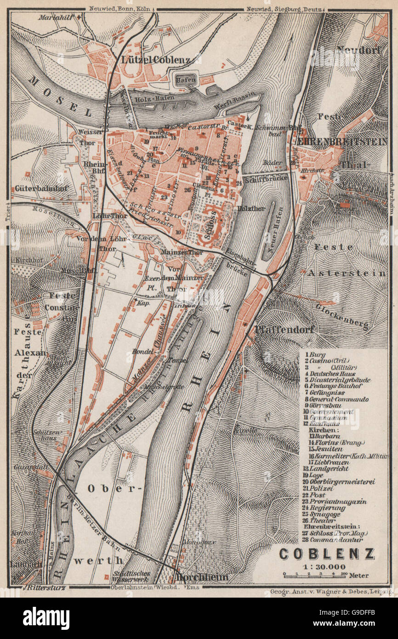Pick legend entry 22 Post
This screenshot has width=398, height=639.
tap(317, 495)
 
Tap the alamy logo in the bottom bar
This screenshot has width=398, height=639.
tap(46, 618)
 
